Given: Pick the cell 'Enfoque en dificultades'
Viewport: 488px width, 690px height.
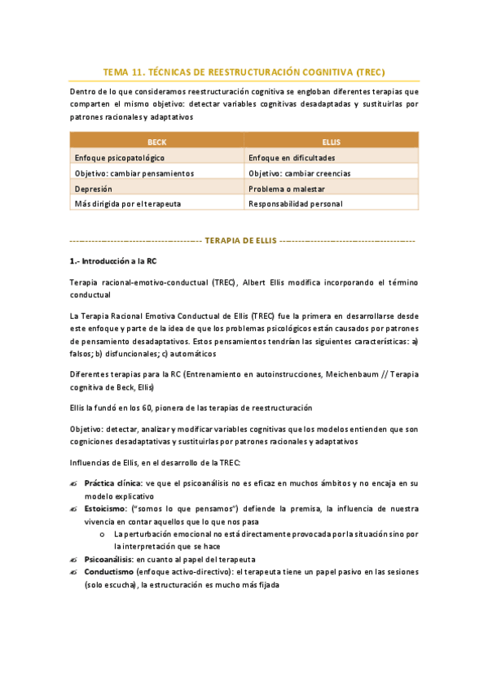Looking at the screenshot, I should click(x=292, y=157).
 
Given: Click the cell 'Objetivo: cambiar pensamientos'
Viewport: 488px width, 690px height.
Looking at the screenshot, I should click(x=134, y=172).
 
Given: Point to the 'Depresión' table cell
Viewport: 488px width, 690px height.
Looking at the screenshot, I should click(x=94, y=188).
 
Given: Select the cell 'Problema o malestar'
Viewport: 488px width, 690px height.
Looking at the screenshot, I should click(x=285, y=188).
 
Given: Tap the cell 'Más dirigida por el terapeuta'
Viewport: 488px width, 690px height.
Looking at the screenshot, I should click(x=127, y=203).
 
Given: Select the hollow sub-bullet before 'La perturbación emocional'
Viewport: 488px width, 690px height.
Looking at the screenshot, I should click(x=101, y=535).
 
